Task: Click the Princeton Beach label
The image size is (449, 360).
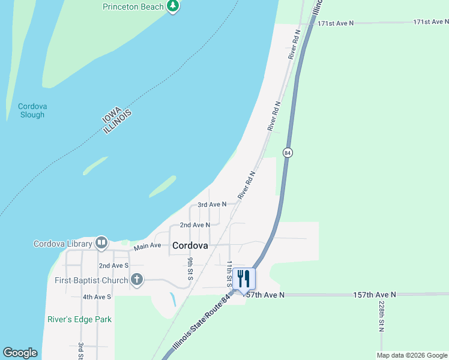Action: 134,7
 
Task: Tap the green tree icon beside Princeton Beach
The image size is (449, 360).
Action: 173,6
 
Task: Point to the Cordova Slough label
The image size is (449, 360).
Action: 32,110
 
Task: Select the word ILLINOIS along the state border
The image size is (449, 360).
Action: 117,122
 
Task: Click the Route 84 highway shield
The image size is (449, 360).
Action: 288,152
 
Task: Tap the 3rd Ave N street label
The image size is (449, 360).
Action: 212,205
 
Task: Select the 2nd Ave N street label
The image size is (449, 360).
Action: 195,225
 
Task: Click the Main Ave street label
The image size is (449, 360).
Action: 148,245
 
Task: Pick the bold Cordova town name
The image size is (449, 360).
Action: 190,245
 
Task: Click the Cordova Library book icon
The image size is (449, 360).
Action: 101,243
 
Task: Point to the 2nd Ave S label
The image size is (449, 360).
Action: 113,265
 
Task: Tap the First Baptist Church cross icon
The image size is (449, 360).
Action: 137,280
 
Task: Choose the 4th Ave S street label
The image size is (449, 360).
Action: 97,297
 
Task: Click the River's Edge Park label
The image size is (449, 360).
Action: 79,319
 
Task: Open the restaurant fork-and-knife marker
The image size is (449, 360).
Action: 244,278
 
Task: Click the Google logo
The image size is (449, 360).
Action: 20,353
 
